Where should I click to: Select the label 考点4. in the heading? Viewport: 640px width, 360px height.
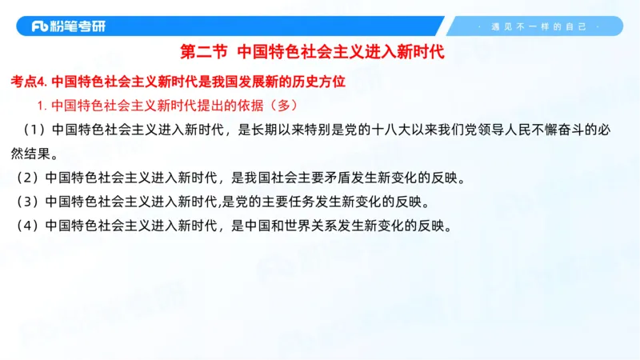tap(30, 82)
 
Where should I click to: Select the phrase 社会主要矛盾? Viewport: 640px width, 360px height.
tap(300, 177)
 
